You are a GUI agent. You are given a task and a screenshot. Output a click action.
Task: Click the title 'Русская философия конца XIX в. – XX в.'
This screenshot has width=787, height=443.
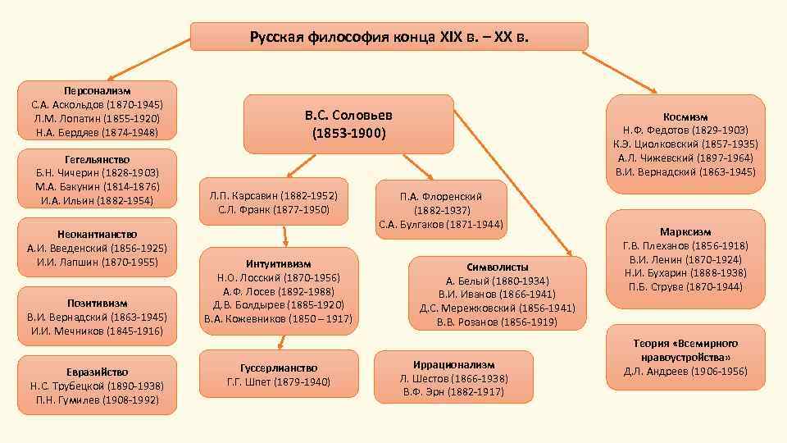click(x=389, y=37)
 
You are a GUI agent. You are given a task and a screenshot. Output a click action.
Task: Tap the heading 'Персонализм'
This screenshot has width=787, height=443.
click(x=98, y=90)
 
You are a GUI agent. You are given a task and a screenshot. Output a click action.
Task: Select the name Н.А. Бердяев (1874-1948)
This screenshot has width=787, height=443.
click(x=98, y=132)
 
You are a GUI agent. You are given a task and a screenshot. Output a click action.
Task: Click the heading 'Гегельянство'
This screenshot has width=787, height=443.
click(x=98, y=159)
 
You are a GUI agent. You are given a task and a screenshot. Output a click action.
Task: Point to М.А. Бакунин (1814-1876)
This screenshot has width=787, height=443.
click(x=98, y=187)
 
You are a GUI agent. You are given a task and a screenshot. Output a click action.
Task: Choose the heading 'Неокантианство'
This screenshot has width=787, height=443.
click(x=98, y=234)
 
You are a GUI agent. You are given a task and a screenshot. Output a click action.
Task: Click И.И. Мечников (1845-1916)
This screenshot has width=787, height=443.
click(x=98, y=331)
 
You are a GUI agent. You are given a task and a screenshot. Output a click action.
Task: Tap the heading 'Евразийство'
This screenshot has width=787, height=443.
click(x=98, y=372)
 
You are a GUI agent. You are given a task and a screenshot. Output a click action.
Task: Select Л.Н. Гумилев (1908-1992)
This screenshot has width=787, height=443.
click(x=98, y=400)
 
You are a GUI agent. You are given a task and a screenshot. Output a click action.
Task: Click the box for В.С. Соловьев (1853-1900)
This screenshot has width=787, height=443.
click(x=348, y=124)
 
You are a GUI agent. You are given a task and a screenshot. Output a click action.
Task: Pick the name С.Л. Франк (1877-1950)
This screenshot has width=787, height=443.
click(x=274, y=210)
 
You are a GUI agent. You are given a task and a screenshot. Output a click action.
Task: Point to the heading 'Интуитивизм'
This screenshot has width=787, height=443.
click(x=278, y=263)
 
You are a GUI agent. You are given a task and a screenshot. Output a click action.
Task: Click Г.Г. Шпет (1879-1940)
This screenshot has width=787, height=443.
click(x=278, y=381)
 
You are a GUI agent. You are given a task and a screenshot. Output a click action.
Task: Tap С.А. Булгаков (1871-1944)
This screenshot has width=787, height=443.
click(x=441, y=224)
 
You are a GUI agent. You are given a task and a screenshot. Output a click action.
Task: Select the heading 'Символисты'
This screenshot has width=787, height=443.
click(x=498, y=267)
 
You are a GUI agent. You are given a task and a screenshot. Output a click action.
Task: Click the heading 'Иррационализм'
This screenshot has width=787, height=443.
click(x=453, y=363)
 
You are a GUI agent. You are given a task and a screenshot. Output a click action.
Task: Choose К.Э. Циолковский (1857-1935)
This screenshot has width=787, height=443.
click(x=685, y=144)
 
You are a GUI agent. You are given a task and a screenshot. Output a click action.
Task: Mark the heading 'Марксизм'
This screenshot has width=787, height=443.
click(x=685, y=232)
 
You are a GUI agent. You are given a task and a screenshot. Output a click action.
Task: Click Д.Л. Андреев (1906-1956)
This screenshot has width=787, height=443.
click(x=685, y=372)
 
